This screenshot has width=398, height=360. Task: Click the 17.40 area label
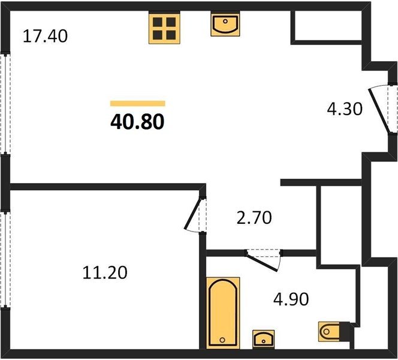pyautogui.click(x=45, y=36)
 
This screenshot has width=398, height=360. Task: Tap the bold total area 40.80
pyautogui.click(x=138, y=122)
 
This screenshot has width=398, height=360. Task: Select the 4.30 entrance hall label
pyautogui.click(x=345, y=109)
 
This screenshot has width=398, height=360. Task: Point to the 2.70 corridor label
pyautogui.click(x=254, y=218)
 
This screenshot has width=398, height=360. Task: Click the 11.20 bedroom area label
pyautogui.click(x=105, y=273)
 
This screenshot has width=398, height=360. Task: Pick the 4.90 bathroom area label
pyautogui.click(x=291, y=299)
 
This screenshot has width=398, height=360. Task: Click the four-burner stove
pyautogui.click(x=164, y=28)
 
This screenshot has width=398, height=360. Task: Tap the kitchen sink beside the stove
pyautogui.click(x=225, y=25)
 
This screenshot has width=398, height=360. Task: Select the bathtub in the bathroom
pyautogui.click(x=223, y=313)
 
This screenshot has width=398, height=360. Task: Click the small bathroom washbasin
pyautogui.click(x=264, y=340)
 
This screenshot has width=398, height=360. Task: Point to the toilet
pyautogui.click(x=330, y=331)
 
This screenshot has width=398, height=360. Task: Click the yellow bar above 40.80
pyautogui.click(x=138, y=103)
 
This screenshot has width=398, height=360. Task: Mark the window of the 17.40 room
pyautogui.click(x=5, y=104)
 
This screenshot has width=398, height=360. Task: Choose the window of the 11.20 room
pyautogui.click(x=5, y=260)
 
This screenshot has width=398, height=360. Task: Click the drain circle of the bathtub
pyautogui.click(x=222, y=340)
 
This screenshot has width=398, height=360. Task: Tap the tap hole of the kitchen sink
pyautogui.click(x=225, y=22)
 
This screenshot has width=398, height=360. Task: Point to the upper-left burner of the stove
pyautogui.click(x=158, y=22)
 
